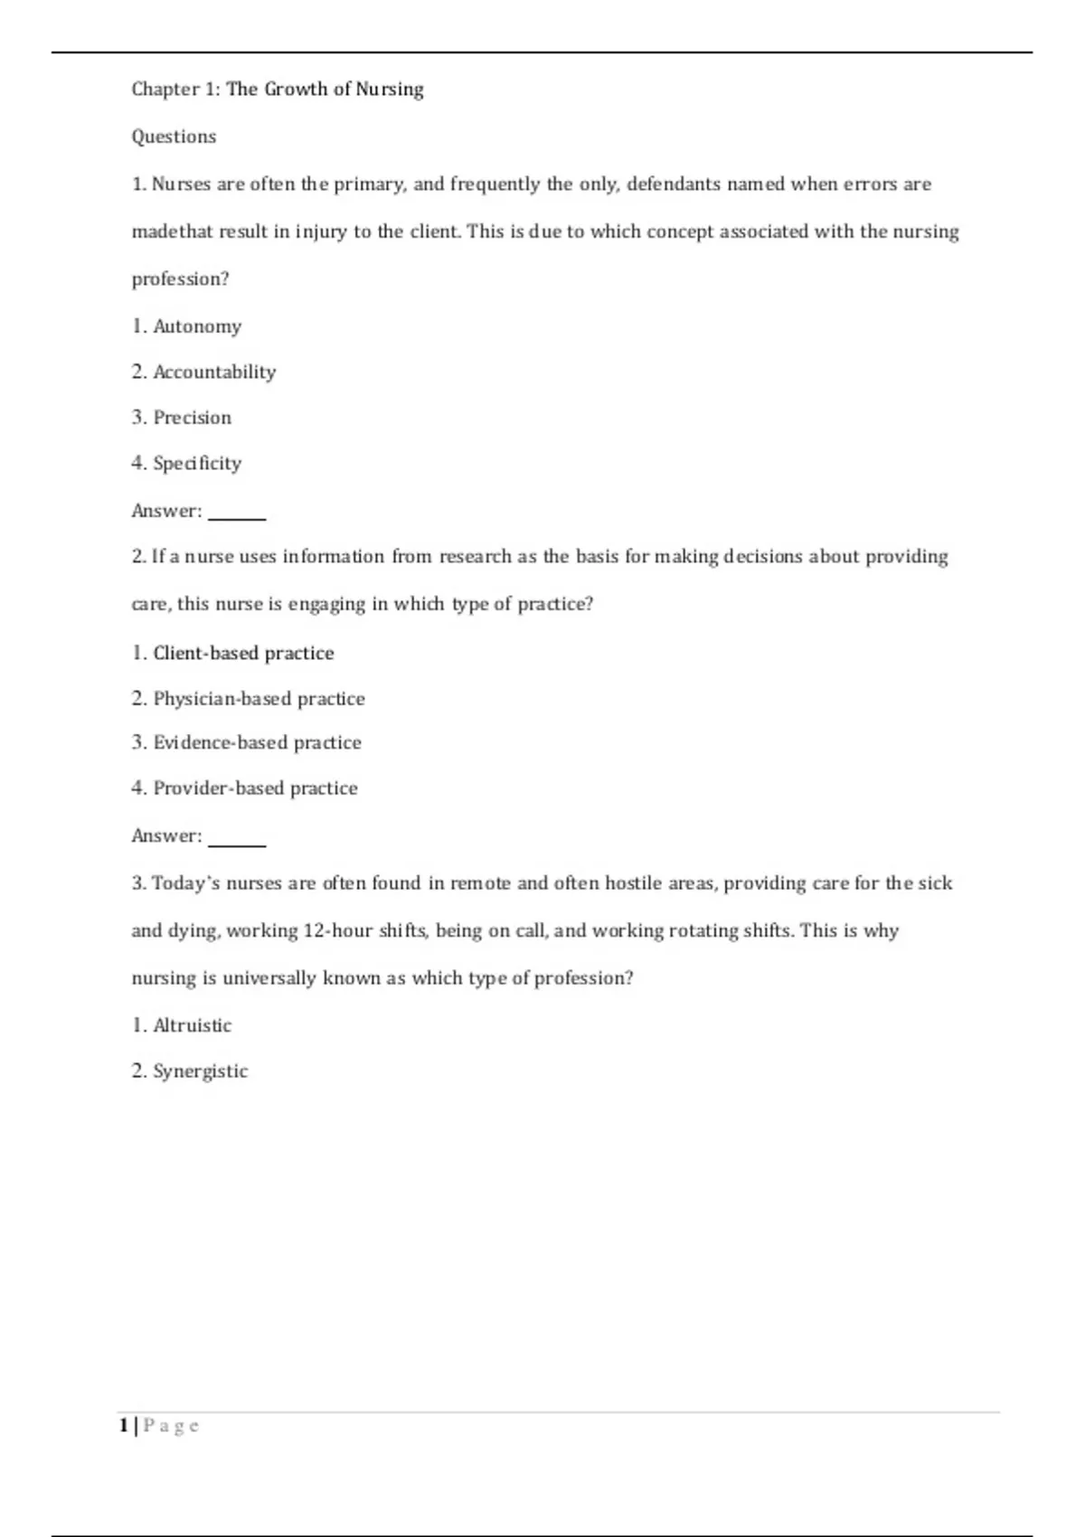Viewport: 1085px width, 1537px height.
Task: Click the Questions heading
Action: click(174, 137)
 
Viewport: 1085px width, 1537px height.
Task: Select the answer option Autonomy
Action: click(196, 326)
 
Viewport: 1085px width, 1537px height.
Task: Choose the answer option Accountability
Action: click(213, 372)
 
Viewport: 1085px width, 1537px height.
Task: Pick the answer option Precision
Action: click(192, 418)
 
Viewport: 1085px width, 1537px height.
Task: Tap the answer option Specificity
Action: click(197, 464)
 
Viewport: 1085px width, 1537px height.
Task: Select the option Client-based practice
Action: click(242, 653)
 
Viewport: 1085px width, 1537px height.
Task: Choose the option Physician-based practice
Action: click(259, 699)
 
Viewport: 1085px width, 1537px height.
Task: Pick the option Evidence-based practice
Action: click(257, 743)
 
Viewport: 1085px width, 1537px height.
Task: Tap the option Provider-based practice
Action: click(255, 788)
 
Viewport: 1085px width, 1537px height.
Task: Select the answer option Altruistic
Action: click(192, 1025)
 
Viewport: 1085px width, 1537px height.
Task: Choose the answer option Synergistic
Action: click(200, 1071)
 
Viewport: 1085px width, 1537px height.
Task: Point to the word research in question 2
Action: click(476, 557)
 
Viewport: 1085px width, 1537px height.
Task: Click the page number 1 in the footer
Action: click(123, 1426)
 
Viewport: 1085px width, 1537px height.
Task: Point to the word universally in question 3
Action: click(269, 978)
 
